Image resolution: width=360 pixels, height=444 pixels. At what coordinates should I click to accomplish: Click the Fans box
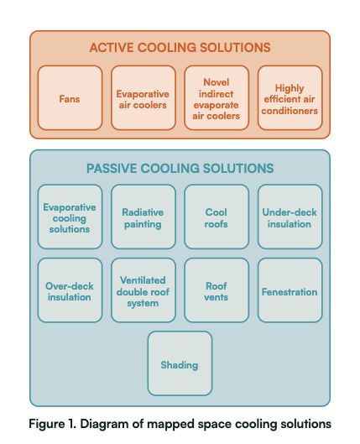70,98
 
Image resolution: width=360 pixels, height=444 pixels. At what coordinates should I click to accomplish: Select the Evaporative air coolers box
143,98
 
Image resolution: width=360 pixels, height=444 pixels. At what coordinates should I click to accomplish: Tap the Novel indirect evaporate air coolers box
217,98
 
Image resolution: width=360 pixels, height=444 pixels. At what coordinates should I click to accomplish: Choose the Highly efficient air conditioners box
290,98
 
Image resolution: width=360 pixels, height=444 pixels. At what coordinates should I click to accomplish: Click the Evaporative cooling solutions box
70,217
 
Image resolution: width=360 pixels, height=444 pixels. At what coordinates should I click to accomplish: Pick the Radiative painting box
143,217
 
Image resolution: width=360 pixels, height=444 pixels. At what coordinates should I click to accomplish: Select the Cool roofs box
217,217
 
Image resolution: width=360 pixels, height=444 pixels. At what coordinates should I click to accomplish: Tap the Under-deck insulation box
290,217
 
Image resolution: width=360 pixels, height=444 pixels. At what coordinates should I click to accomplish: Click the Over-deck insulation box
70,290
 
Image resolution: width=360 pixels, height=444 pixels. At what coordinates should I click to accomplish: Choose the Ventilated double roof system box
143,290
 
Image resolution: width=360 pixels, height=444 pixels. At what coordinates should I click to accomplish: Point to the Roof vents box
217,290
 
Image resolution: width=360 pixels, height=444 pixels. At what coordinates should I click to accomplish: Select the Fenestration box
290,290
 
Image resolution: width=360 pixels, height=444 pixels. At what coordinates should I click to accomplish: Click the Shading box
180,363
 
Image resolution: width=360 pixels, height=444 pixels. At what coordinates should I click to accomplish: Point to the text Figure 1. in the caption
52,424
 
